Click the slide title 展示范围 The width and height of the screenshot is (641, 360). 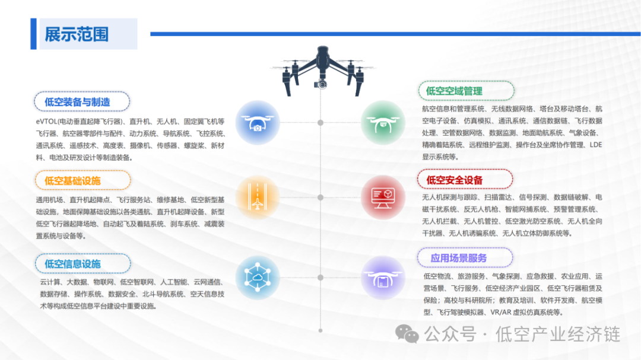tap(77, 34)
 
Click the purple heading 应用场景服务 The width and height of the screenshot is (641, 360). tap(459, 257)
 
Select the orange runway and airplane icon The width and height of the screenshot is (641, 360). tap(258, 198)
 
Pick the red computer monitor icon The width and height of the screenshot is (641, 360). tap(383, 197)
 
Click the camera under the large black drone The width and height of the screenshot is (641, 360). tap(322, 84)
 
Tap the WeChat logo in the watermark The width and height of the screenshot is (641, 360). tap(408, 334)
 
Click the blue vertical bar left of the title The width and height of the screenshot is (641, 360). tap(33, 34)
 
